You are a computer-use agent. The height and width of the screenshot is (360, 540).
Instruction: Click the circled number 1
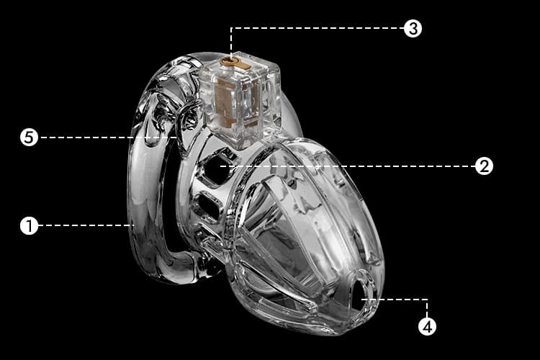click(x=29, y=225)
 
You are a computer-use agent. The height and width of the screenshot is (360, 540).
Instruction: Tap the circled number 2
click(x=484, y=166)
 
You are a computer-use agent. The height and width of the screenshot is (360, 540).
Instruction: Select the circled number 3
click(x=413, y=28)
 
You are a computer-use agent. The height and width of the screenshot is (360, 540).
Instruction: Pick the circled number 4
click(x=427, y=326)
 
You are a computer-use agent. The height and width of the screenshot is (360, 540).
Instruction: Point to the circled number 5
click(x=29, y=137)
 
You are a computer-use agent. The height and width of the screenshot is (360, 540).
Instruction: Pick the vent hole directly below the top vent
click(x=207, y=206)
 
